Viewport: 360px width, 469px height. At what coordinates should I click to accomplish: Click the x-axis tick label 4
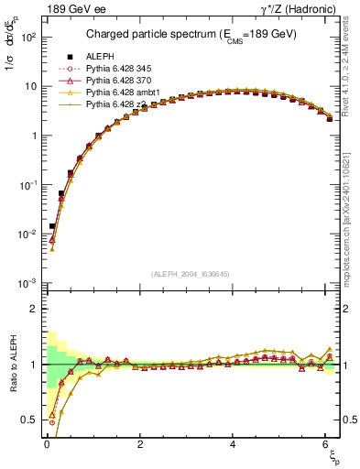click(x=234, y=444)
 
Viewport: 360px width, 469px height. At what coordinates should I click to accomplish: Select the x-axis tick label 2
click(x=140, y=444)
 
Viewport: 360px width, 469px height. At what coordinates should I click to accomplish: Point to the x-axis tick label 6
click(x=326, y=444)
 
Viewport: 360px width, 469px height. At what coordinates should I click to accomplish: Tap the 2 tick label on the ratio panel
click(x=33, y=310)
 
